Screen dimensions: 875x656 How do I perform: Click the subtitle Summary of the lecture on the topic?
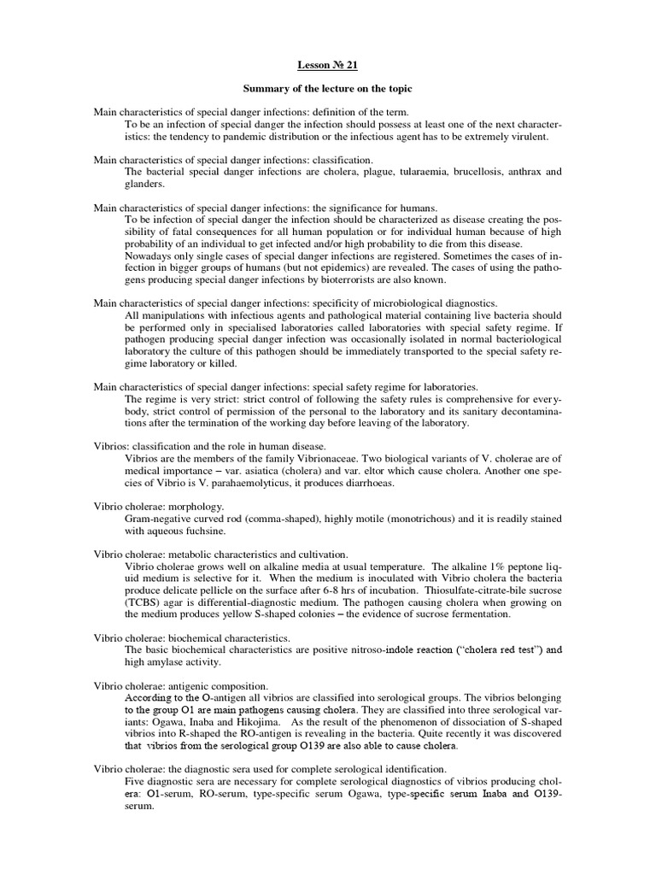(328, 89)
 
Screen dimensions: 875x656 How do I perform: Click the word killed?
(220, 363)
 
